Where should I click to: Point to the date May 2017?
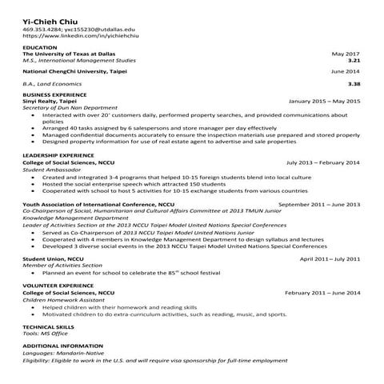346,54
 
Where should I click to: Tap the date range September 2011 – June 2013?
319,204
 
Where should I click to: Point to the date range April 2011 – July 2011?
330,259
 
